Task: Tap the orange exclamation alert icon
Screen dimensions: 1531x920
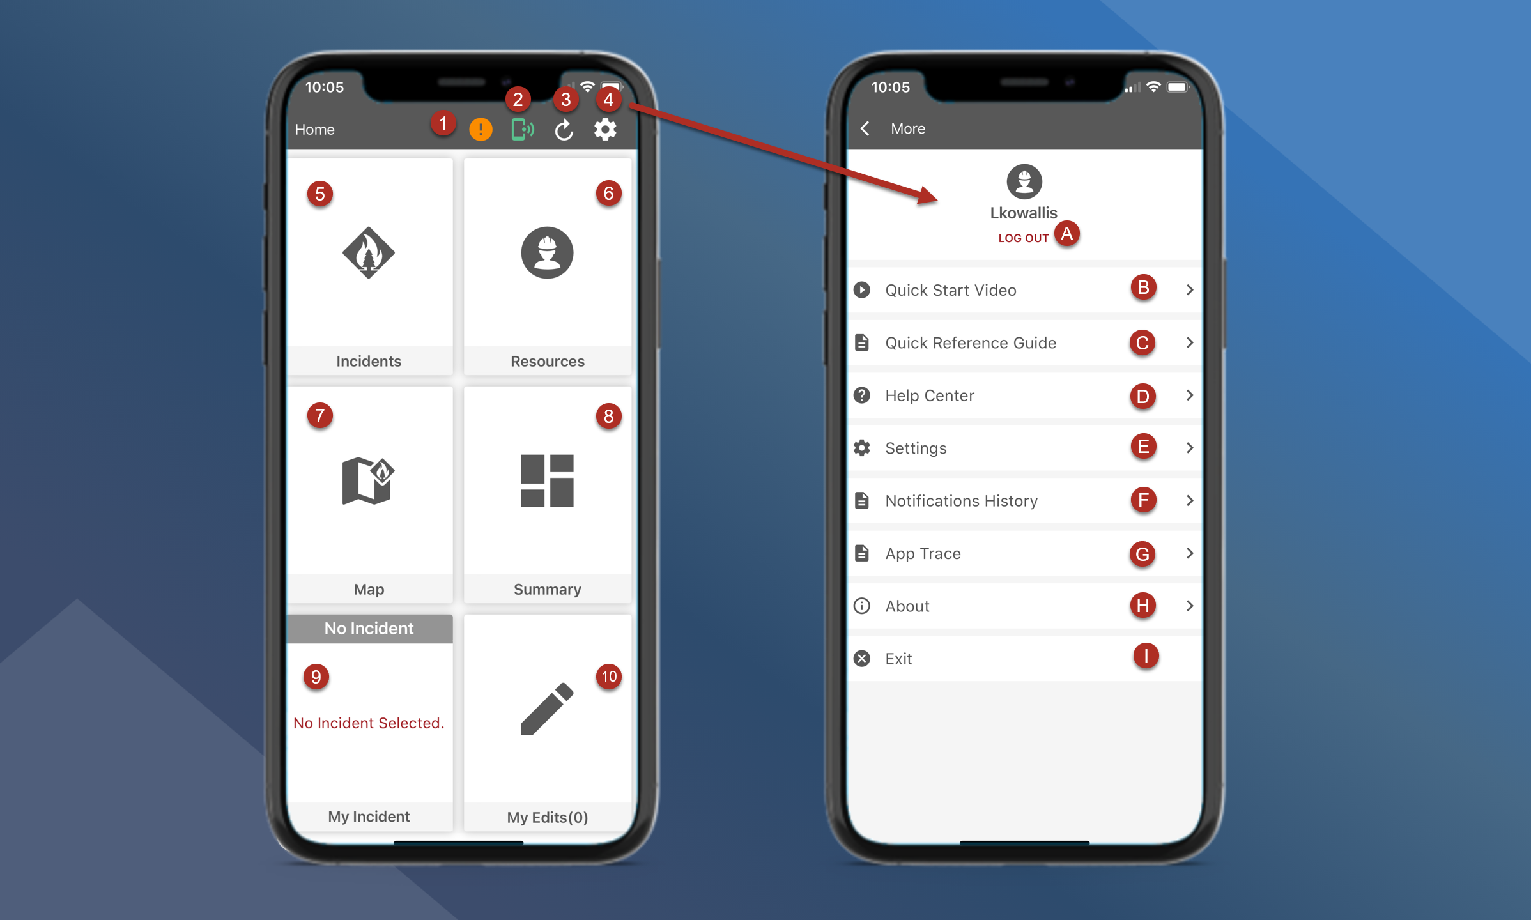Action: click(x=481, y=130)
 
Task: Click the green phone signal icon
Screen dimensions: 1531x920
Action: click(x=522, y=130)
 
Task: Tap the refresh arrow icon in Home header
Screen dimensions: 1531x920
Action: click(x=564, y=130)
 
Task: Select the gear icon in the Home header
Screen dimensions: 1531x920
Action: click(x=605, y=130)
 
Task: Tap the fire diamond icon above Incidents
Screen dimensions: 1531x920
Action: click(x=369, y=252)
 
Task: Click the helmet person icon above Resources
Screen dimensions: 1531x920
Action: click(x=547, y=252)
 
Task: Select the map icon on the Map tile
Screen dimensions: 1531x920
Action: click(x=368, y=480)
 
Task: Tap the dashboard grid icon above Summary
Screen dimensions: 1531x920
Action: click(x=547, y=481)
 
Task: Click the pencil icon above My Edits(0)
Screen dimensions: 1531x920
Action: click(x=547, y=709)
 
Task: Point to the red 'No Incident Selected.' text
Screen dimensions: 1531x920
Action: click(x=369, y=723)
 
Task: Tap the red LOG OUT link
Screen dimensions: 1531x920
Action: click(x=1024, y=238)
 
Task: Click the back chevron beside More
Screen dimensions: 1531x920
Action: click(x=865, y=128)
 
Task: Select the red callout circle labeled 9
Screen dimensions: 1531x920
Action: click(x=316, y=677)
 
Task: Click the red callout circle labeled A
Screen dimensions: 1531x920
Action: click(x=1066, y=234)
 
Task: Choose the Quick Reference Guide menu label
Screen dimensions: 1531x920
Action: click(x=971, y=343)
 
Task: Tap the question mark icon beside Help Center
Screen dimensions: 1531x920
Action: click(x=862, y=395)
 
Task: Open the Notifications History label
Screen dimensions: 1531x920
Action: click(x=962, y=501)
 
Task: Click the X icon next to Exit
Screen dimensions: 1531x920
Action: click(x=862, y=659)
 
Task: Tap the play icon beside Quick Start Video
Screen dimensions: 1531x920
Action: click(x=862, y=290)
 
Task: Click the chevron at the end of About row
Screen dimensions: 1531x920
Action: click(x=1190, y=606)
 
